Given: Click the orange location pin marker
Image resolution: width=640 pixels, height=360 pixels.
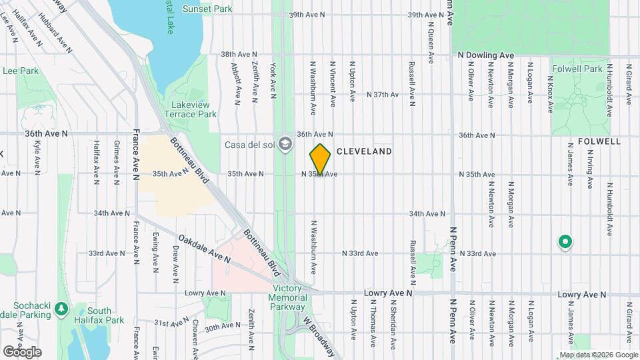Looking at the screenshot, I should tap(320, 159).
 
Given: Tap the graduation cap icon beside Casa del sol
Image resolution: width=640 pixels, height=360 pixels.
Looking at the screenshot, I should tap(285, 144).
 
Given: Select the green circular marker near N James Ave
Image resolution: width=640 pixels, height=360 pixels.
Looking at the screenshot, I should tap(565, 242).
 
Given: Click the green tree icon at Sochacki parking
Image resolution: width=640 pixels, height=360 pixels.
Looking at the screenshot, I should tap(61, 309).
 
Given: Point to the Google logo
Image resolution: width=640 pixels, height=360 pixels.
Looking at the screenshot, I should tap(22, 351).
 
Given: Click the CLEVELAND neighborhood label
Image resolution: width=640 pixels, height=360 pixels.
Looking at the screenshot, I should tap(364, 152).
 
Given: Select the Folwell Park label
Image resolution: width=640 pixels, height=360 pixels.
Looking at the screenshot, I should tap(577, 69).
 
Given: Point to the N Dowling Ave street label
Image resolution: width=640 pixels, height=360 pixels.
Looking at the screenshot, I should tap(486, 55).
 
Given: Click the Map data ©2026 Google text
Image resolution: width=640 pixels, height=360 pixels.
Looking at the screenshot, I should tap(597, 355).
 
